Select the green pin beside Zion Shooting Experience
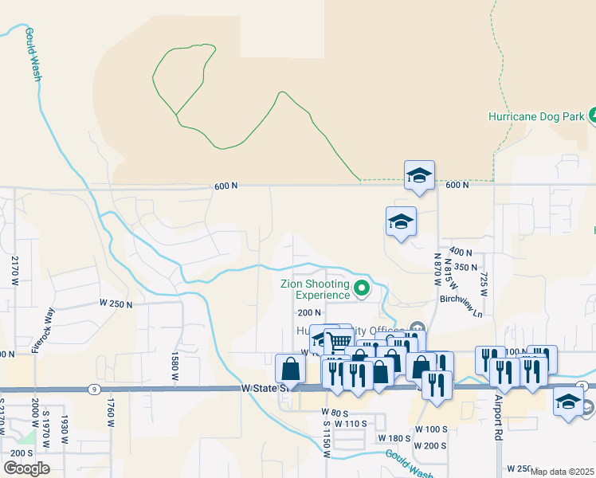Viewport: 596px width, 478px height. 363,288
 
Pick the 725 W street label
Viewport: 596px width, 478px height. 482,280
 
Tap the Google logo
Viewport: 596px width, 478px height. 27,468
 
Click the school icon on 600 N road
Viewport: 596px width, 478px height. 419,175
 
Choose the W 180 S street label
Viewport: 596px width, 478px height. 395,438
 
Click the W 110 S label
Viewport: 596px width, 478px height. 351,424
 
